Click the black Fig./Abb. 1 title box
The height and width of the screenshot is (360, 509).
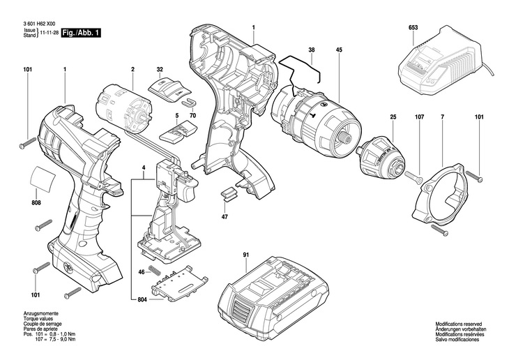click(x=81, y=33)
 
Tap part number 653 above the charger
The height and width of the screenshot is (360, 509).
click(x=413, y=28)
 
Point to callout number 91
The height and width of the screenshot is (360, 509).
click(x=245, y=255)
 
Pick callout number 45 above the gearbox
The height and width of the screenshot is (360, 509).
click(x=340, y=50)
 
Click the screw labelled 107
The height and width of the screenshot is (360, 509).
click(x=414, y=177)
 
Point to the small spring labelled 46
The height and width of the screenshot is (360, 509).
click(x=155, y=270)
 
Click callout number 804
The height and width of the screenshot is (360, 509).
click(x=142, y=299)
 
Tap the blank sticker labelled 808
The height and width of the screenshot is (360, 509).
click(x=43, y=179)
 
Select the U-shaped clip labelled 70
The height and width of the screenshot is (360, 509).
click(x=188, y=102)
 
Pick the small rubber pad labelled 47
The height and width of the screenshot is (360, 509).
click(x=229, y=193)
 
